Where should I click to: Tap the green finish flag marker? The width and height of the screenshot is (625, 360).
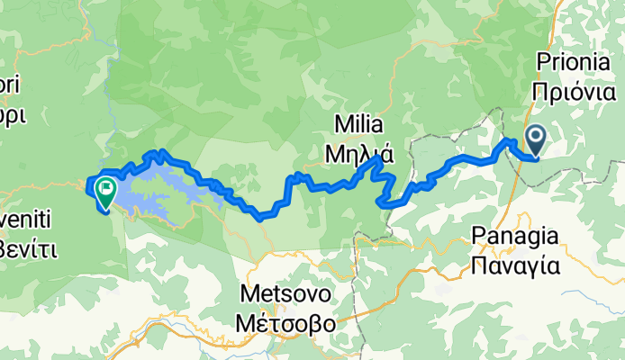pyautogui.click(x=105, y=190)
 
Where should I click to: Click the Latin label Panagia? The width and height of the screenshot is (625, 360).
pyautogui.click(x=516, y=237)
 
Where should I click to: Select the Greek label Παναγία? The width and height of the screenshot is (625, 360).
pyautogui.click(x=516, y=265)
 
